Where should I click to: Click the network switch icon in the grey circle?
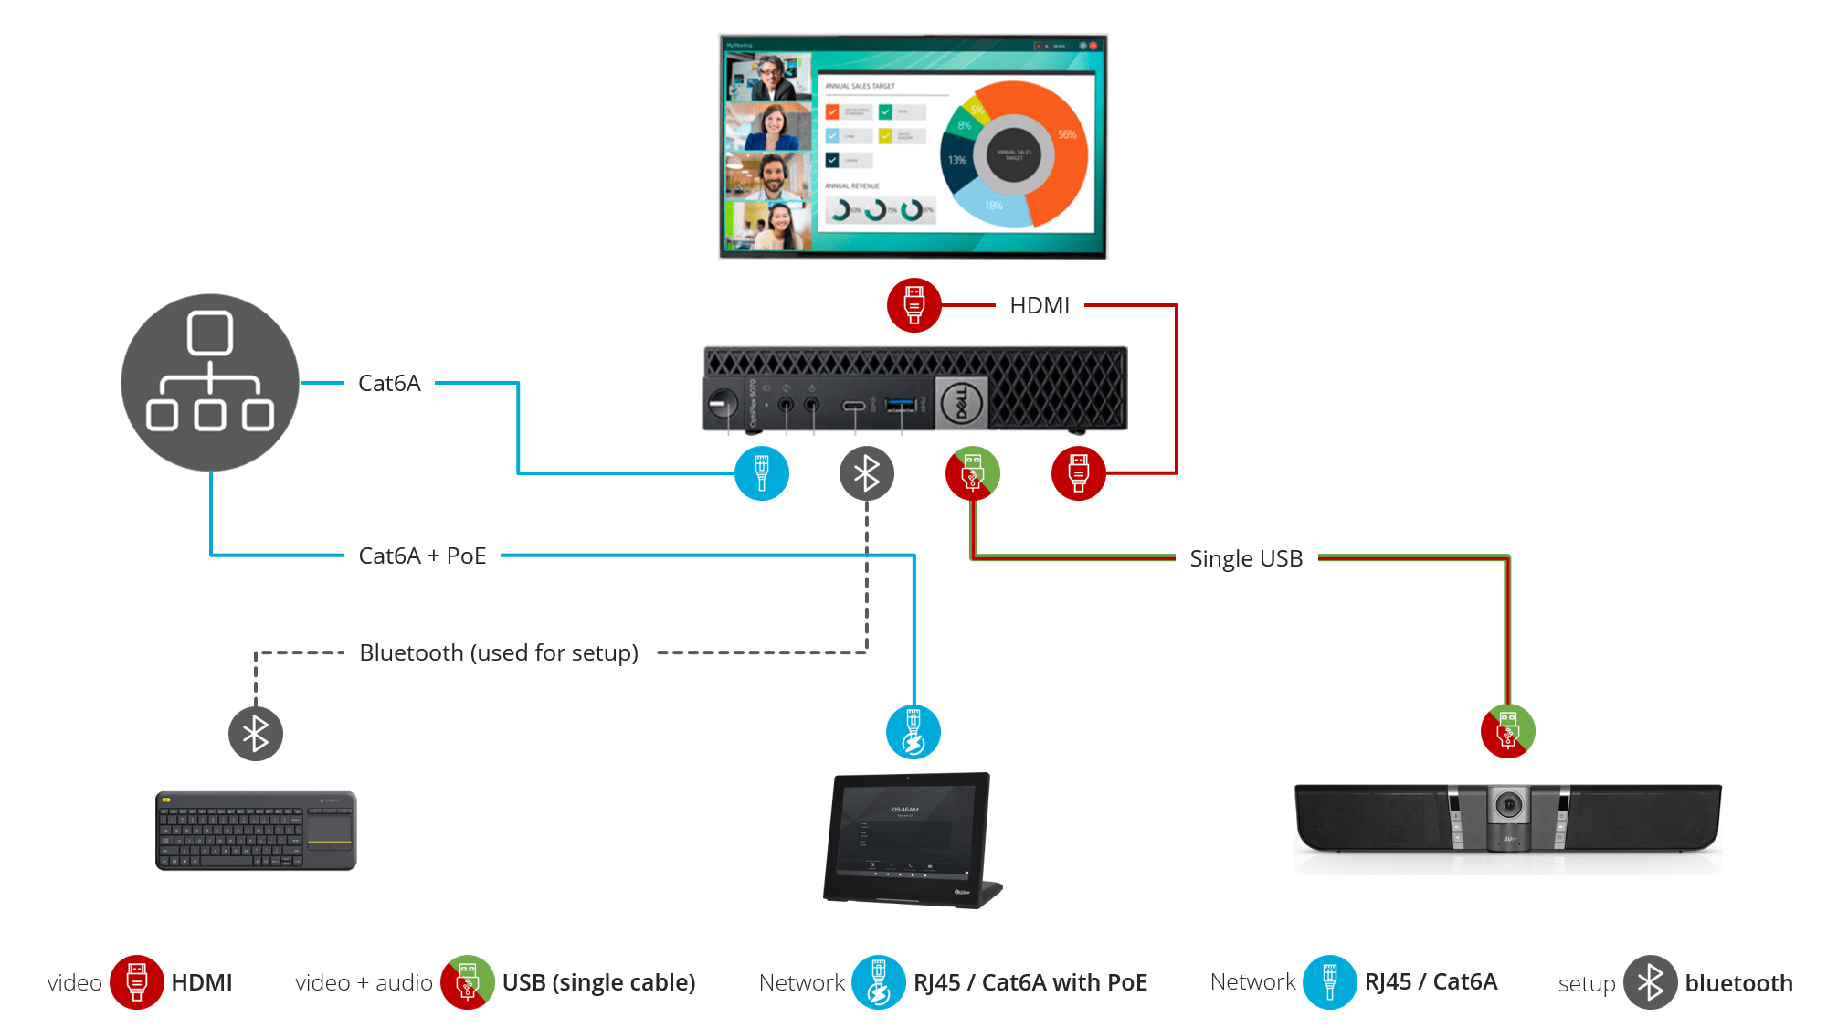210,382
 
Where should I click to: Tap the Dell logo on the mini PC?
961,403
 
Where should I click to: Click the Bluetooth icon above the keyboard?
256,733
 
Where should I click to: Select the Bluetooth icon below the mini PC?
866,473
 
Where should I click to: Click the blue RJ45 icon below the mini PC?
762,473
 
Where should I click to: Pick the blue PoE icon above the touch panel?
913,732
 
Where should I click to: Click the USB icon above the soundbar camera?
1507,731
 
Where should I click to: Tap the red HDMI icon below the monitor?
913,305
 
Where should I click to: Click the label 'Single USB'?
1246,558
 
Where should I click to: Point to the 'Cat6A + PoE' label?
422,556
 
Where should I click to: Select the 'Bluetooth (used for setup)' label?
499,652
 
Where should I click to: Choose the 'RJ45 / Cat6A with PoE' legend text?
1030,982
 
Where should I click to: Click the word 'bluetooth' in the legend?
1738,983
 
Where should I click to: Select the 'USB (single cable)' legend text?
598,982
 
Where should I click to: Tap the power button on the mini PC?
722,402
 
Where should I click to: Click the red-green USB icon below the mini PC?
973,473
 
